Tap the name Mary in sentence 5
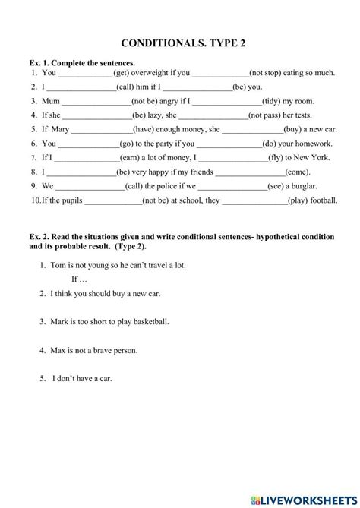[x=63, y=129]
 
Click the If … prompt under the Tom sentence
[x=69, y=279]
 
